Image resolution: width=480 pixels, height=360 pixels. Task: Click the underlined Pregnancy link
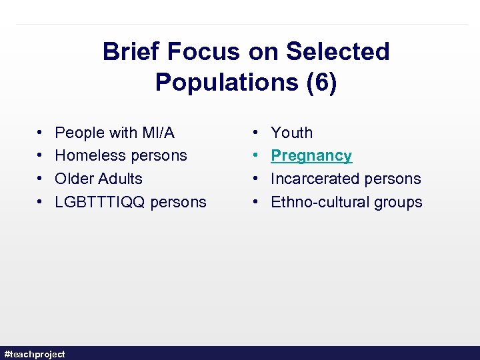click(311, 156)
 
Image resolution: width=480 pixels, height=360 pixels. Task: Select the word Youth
click(291, 133)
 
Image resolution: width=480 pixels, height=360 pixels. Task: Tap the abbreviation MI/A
click(159, 133)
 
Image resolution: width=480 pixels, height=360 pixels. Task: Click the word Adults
click(120, 179)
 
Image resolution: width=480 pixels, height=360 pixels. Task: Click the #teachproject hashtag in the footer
click(35, 354)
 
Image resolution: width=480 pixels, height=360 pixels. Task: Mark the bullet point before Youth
click(257, 133)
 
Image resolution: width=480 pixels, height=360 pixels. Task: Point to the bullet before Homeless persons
click(41, 156)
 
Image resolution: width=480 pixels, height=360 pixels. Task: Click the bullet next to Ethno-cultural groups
click(257, 202)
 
